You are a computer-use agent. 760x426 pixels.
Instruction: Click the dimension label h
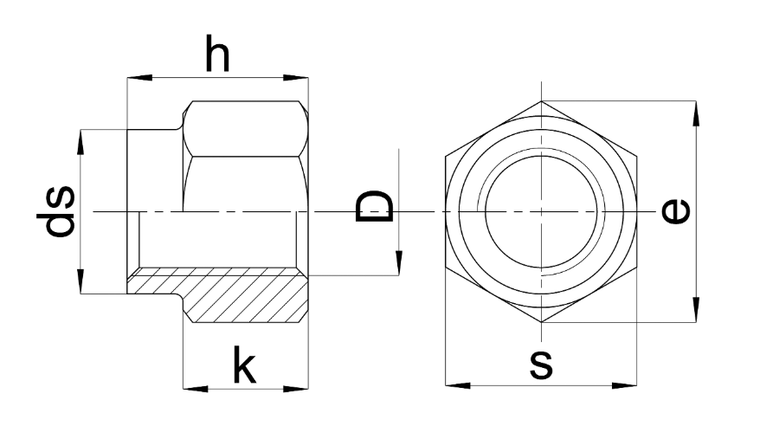coord(218,55)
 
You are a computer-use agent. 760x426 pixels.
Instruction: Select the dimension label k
coord(245,367)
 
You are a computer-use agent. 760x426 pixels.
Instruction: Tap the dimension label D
coord(376,208)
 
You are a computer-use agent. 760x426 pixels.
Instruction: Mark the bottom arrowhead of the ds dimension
coord(81,286)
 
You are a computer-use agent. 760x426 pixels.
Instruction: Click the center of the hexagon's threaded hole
coord(541,212)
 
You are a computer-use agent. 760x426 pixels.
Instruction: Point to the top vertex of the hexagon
coord(541,101)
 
